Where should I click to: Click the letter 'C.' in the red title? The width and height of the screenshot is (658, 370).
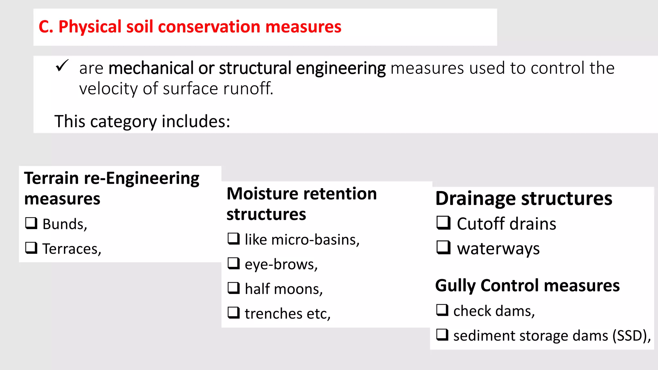pyautogui.click(x=46, y=27)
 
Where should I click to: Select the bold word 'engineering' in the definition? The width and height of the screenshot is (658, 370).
pyautogui.click(x=341, y=68)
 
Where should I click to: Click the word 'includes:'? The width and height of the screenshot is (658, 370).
pyautogui.click(x=196, y=121)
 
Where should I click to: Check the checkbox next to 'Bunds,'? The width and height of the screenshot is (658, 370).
pyautogui.click(x=31, y=223)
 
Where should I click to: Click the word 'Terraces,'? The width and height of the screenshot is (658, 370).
pyautogui.click(x=72, y=249)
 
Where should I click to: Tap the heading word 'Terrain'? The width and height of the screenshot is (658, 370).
pyautogui.click(x=51, y=178)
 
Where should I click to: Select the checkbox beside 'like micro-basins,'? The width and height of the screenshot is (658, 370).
pyautogui.click(x=234, y=239)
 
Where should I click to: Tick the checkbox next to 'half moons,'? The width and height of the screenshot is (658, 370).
pyautogui.click(x=234, y=288)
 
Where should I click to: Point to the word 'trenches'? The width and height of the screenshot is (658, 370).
pyautogui.click(x=273, y=314)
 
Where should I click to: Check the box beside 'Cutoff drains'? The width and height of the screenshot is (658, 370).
pyautogui.click(x=443, y=223)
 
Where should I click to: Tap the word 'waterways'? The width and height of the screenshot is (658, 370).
pyautogui.click(x=498, y=249)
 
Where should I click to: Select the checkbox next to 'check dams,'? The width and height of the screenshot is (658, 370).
pyautogui.click(x=442, y=310)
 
